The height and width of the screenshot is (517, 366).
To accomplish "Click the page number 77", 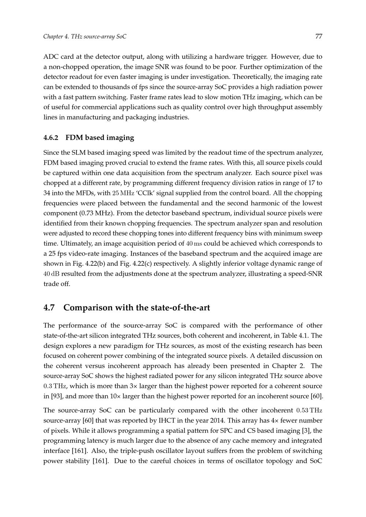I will click(318, 37).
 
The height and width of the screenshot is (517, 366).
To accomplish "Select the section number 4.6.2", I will click(51, 138).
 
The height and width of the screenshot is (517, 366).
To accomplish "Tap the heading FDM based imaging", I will click(100, 138).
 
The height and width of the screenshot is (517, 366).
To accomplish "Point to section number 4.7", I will click(49, 308).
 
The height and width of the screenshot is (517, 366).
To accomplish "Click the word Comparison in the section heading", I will click(88, 308).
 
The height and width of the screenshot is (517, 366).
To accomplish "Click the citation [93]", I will click(56, 396).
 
